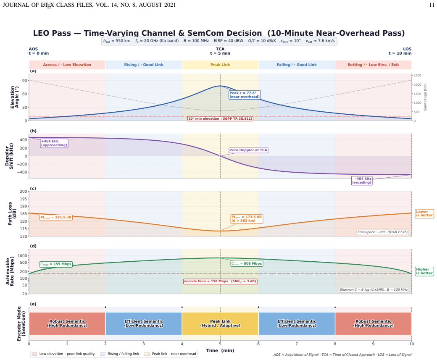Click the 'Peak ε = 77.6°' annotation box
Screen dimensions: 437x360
(x=245, y=95)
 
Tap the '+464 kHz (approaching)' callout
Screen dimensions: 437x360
(x=54, y=143)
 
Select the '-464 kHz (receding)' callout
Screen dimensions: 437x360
(x=362, y=181)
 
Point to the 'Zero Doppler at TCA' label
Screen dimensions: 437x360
(x=248, y=150)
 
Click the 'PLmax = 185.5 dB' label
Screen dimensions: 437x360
(x=56, y=217)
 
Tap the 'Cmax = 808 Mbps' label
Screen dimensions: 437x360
(x=247, y=263)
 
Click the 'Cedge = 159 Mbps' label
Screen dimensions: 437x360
(x=56, y=264)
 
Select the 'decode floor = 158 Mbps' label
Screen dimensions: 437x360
(x=220, y=281)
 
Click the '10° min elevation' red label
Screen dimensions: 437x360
(x=220, y=119)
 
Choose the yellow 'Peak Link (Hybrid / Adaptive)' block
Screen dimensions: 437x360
(x=220, y=323)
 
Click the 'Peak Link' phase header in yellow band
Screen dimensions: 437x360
(x=220, y=65)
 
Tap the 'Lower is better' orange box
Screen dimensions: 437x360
(x=424, y=213)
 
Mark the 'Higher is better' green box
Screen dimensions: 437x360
(x=424, y=271)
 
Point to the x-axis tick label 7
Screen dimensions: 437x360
(x=297, y=344)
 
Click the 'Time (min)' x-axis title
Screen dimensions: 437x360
(x=220, y=350)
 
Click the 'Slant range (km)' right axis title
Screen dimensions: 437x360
(x=425, y=97)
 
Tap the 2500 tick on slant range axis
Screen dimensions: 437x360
(x=417, y=76)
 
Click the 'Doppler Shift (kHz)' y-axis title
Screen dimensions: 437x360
(x=9, y=156)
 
